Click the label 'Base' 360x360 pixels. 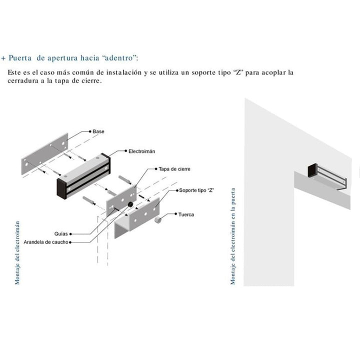[98, 131]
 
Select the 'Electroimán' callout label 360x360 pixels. [141, 151]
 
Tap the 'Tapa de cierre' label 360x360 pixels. [174, 169]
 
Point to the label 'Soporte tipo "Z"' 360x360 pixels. [196, 190]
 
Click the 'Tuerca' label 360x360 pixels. [186, 214]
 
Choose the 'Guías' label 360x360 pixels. [61, 233]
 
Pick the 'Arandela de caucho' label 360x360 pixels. [46, 242]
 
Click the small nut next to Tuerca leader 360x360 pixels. [157, 219]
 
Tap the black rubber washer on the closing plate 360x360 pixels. [130, 204]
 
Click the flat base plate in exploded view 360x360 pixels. [45, 153]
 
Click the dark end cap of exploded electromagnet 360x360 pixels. [62, 188]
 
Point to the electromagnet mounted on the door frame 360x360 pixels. [327, 175]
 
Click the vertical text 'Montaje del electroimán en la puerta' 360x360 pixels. [233, 236]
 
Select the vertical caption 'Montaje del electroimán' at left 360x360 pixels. [17, 253]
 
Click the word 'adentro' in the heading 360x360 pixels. [119, 58]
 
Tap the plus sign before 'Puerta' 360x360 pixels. [3, 58]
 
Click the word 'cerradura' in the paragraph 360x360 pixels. [23, 81]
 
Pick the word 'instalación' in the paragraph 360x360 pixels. [124, 72]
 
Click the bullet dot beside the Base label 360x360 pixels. [90, 131]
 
